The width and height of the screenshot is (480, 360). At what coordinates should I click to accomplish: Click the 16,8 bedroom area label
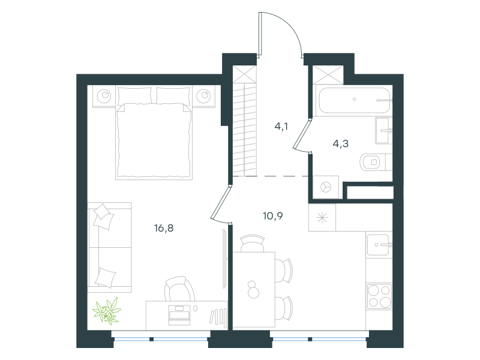point(164,228)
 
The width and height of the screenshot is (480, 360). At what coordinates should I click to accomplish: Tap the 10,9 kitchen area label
point(273,216)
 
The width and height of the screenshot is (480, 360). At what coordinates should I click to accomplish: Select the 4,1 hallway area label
point(281,126)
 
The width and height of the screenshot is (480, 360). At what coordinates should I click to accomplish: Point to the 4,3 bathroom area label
point(340,143)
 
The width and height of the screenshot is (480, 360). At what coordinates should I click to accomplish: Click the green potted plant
point(107,311)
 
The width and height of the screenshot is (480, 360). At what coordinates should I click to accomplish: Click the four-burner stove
point(379,296)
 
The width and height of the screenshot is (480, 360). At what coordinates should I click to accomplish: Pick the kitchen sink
point(379,245)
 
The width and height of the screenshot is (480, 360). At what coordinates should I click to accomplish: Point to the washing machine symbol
point(326,187)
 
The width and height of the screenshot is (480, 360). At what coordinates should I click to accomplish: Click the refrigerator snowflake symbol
point(322,218)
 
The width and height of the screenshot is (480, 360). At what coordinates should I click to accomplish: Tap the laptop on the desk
point(179,315)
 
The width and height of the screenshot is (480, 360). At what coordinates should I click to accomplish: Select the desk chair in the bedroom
point(179,289)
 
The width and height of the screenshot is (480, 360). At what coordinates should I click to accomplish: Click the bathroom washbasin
point(383,131)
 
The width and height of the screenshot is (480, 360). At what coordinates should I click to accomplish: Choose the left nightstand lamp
point(104,96)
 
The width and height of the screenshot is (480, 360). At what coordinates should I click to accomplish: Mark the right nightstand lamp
point(203,96)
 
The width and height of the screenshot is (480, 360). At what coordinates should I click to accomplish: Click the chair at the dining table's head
point(253,244)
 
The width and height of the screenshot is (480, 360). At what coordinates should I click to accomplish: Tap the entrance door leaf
point(260,34)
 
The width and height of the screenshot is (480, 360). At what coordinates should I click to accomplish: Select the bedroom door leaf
point(220,202)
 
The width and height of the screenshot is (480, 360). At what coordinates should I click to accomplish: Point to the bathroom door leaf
point(302,134)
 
